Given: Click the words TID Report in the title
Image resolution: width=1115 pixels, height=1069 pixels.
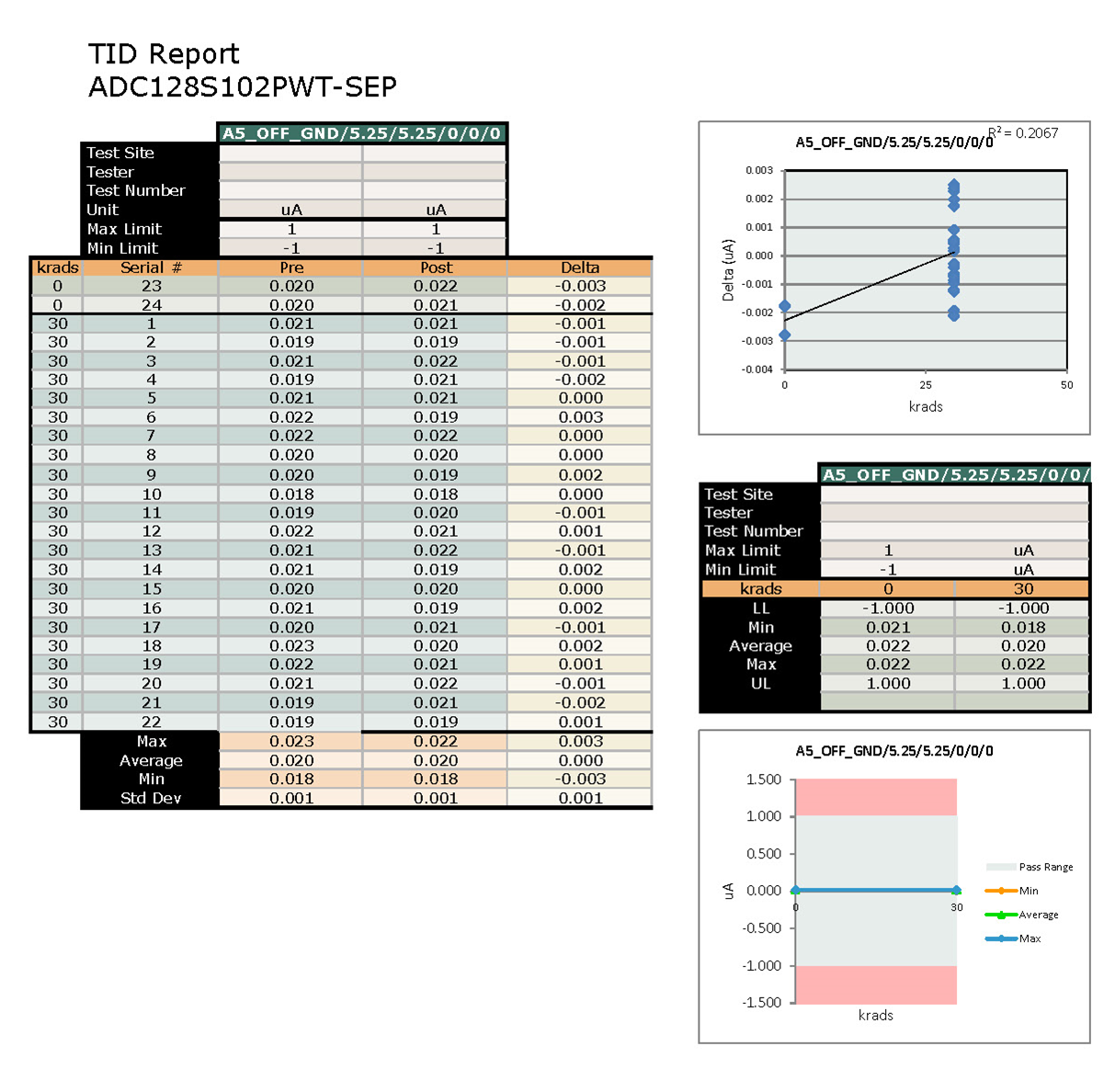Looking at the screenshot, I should pos(164,54).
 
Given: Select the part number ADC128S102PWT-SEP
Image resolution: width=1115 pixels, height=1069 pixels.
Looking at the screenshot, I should pos(243,87).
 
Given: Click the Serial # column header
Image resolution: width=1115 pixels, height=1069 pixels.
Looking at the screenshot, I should pos(151,267).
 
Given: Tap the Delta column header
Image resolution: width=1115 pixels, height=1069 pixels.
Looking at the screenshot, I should pos(580,267).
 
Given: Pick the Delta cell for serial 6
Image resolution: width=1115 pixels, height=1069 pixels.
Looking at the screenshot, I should pos(580,417).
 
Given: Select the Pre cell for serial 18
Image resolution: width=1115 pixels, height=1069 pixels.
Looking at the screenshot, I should pos(291,645).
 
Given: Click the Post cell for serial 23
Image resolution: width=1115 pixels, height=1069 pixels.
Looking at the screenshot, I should pos(436,286).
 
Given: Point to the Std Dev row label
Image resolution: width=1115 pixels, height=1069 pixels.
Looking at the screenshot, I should pos(151,798).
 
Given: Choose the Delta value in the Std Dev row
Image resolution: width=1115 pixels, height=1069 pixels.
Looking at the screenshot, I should pos(580,798).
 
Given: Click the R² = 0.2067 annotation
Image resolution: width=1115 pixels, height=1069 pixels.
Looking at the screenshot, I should pos(1024,133).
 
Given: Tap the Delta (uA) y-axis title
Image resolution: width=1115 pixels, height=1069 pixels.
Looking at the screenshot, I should pos(728,270).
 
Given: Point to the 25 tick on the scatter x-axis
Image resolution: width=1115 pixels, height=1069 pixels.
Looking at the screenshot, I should pos(926,385).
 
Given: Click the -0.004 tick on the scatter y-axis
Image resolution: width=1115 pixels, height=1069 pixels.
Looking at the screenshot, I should pos(758,370).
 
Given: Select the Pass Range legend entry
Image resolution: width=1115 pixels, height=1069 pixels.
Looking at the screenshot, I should pos(1045,867).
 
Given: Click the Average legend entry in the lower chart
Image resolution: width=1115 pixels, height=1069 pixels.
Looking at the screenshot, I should pos(1038,915).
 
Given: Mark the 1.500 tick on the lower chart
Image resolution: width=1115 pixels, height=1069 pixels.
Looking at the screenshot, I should pos(763,779).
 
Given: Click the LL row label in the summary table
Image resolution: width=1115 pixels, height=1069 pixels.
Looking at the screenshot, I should pos(760,608).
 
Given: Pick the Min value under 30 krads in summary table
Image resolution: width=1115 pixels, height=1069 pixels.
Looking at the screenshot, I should pos(1023,627).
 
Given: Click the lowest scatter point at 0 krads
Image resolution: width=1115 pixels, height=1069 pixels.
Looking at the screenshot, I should pos(784,335).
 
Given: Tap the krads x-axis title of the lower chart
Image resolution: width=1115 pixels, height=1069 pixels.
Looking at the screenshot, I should pos(875,1015).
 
